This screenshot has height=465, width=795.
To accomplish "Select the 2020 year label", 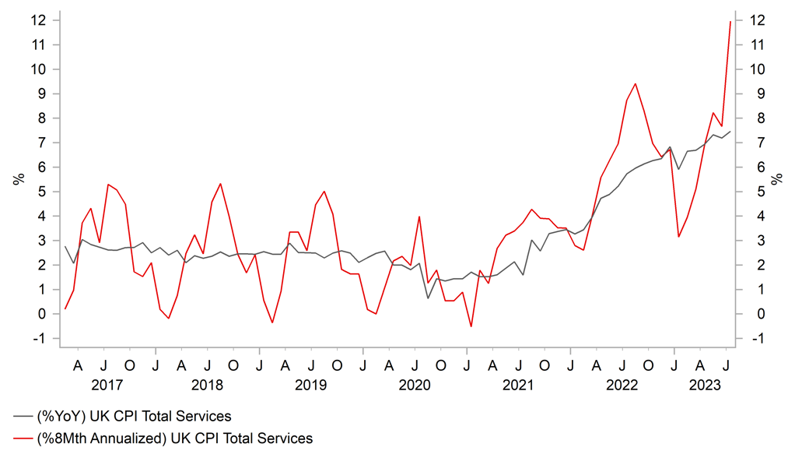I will [x=415, y=385].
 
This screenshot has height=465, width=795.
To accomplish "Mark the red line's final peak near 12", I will [x=730, y=22].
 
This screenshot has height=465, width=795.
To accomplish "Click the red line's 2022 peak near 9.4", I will [x=636, y=83].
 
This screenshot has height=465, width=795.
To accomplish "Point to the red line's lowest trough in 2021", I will [x=471, y=326].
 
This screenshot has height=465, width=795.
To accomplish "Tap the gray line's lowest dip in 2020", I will [x=428, y=298].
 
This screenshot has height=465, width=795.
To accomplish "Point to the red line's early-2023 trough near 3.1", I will [x=678, y=237].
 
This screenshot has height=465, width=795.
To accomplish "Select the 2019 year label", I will [x=311, y=385].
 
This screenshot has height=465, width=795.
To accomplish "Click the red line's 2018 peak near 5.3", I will [x=220, y=184].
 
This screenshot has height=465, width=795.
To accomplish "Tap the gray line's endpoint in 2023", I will [x=730, y=132].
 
